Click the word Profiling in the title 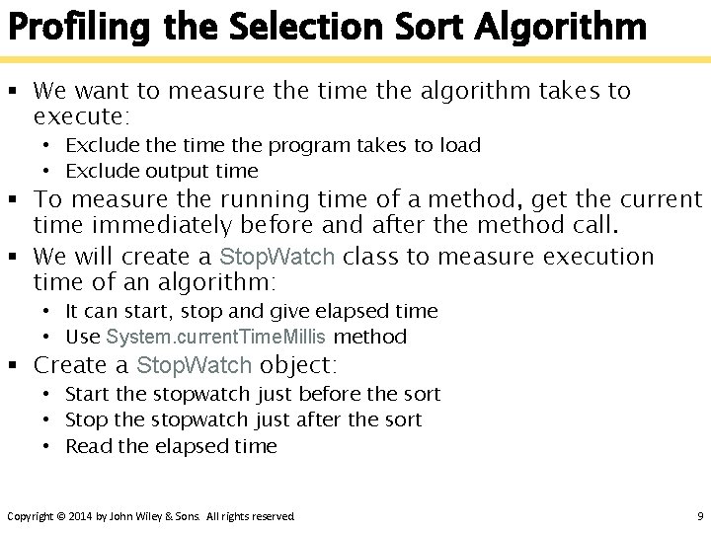[x=71, y=27]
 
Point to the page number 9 [x=699, y=516]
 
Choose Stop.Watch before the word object [x=194, y=366]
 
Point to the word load [x=460, y=146]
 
